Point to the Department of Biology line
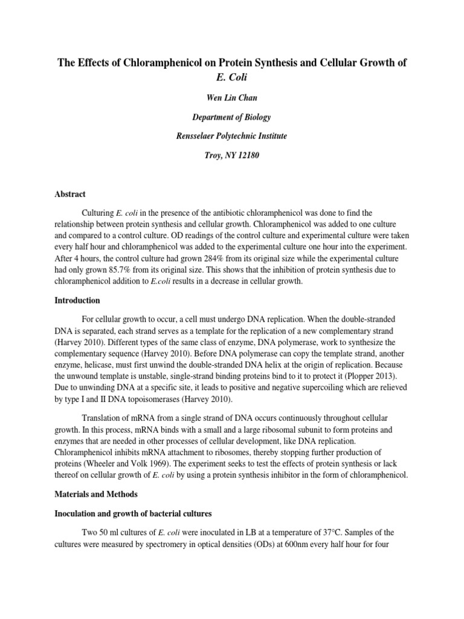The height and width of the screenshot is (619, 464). coord(232,117)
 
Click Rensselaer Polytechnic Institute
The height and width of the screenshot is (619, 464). coord(232,137)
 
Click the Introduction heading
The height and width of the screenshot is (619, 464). coord(76,300)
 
